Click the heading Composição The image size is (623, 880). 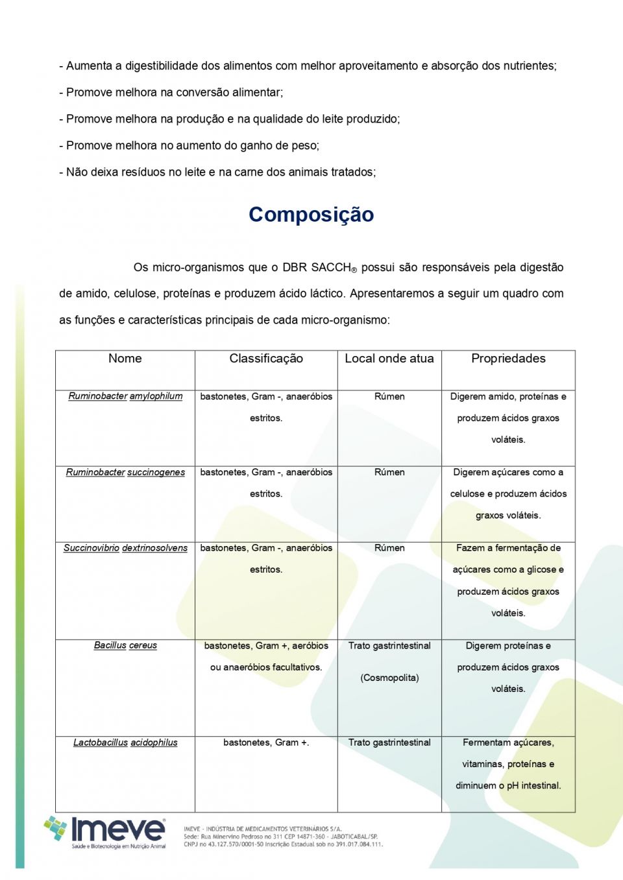pos(311,215)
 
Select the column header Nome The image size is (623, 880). pos(125,359)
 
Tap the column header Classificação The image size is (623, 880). pos(266,359)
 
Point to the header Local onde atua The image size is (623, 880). pos(389,359)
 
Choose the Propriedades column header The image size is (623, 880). pos(508,359)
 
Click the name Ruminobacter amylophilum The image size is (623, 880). pos(125,396)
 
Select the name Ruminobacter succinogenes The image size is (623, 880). pos(125,472)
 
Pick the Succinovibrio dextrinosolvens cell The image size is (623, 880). pos(125,548)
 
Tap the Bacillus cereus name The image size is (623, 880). pos(125,645)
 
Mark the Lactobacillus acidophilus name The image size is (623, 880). pos(125,743)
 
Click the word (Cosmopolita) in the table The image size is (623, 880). pos(389,678)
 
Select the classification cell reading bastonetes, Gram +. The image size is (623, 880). pos(266,743)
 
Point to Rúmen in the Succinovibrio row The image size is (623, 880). pos(389,548)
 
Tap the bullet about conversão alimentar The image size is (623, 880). pos(174,93)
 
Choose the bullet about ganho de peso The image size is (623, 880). pos(192,146)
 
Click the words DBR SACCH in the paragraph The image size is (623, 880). pos(316,268)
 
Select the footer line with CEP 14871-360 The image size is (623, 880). pos(280,837)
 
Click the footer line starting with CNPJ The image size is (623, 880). pos(283,844)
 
